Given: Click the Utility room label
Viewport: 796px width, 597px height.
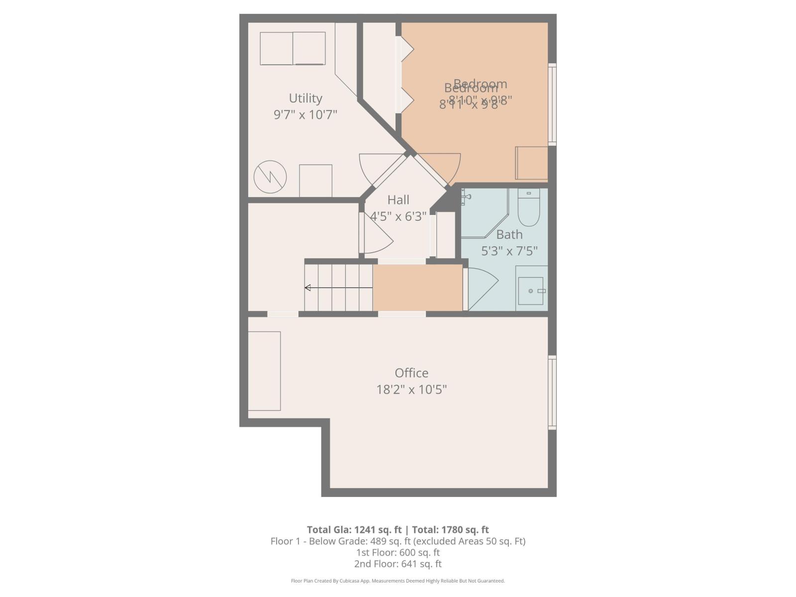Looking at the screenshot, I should coord(305,98).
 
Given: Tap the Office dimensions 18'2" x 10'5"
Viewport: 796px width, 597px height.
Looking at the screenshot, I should coord(411,389).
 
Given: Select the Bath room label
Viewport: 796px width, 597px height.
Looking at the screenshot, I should coord(509,234).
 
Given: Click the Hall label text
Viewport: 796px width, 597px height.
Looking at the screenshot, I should coord(398,200).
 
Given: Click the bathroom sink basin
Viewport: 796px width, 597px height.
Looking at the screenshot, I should coord(531,291).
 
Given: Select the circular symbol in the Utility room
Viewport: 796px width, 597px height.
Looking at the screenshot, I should coord(270,177).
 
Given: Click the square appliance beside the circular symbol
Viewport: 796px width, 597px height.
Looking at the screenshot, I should coord(315,181).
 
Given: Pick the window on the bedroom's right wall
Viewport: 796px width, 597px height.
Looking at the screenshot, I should coord(552,104).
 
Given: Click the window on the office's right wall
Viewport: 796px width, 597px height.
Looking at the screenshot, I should coord(552,392).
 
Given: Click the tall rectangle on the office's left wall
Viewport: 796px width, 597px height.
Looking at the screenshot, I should coord(264,371).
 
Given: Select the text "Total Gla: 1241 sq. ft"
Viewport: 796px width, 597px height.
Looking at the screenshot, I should coord(354,530).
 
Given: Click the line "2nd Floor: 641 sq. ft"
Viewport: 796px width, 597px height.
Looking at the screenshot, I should coord(398,564).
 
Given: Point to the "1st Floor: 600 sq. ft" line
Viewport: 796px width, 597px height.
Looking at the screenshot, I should coord(398,552).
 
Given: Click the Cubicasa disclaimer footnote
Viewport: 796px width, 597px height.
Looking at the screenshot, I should coord(398,581).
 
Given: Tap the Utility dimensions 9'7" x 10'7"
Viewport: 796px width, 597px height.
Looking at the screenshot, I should coord(305,114).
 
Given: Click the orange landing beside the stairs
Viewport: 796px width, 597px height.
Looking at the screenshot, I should coord(417,288).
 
